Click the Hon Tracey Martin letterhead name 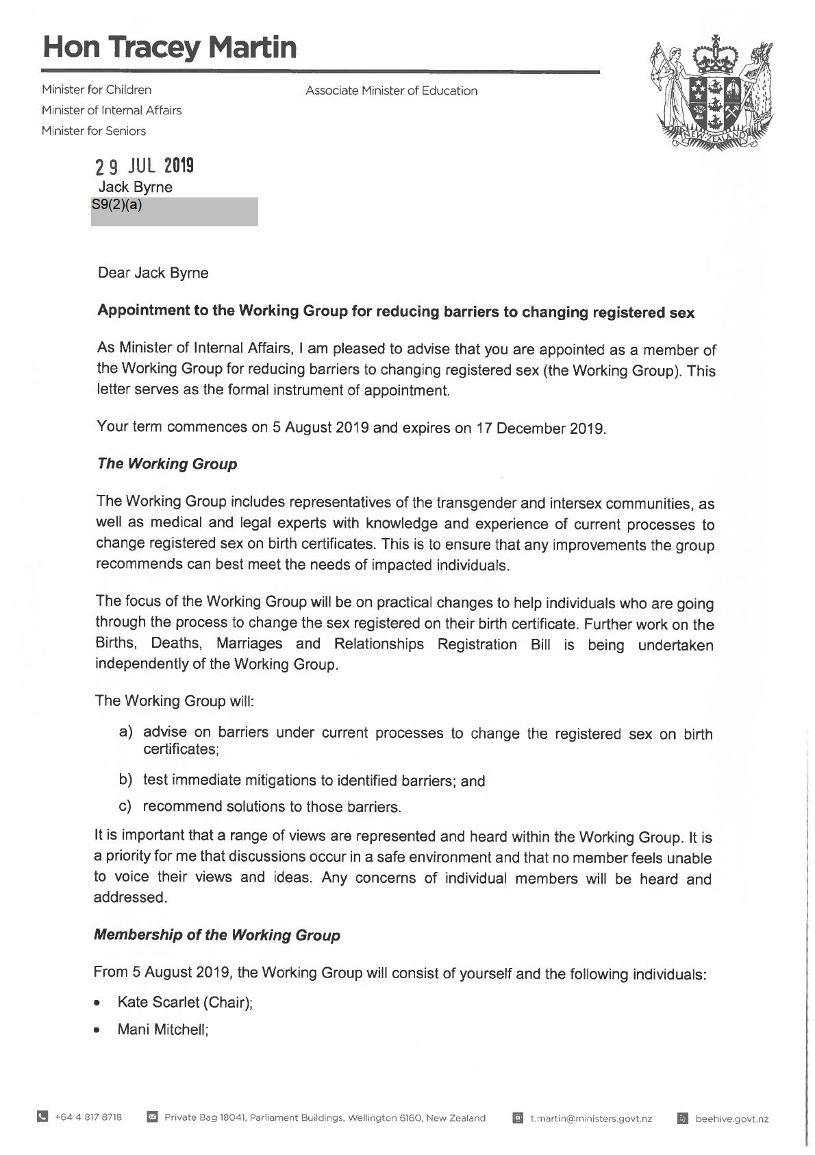coord(169,47)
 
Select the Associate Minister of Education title coord(391,90)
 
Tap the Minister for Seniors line coord(93,130)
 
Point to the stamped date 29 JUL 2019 coord(145,166)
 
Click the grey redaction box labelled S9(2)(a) coord(175,212)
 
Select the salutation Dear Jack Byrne coord(153,273)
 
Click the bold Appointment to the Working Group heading coord(396,312)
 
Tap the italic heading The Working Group coord(167,463)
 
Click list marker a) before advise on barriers coord(126,732)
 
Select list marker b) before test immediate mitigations coord(126,779)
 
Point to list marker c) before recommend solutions coord(125,806)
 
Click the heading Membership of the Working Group coord(216,935)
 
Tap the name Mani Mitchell coord(162,1030)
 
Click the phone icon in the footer coord(42,1118)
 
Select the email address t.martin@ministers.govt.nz coord(590,1119)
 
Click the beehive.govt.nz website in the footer coord(731,1119)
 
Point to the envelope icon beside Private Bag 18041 coord(153,1118)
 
